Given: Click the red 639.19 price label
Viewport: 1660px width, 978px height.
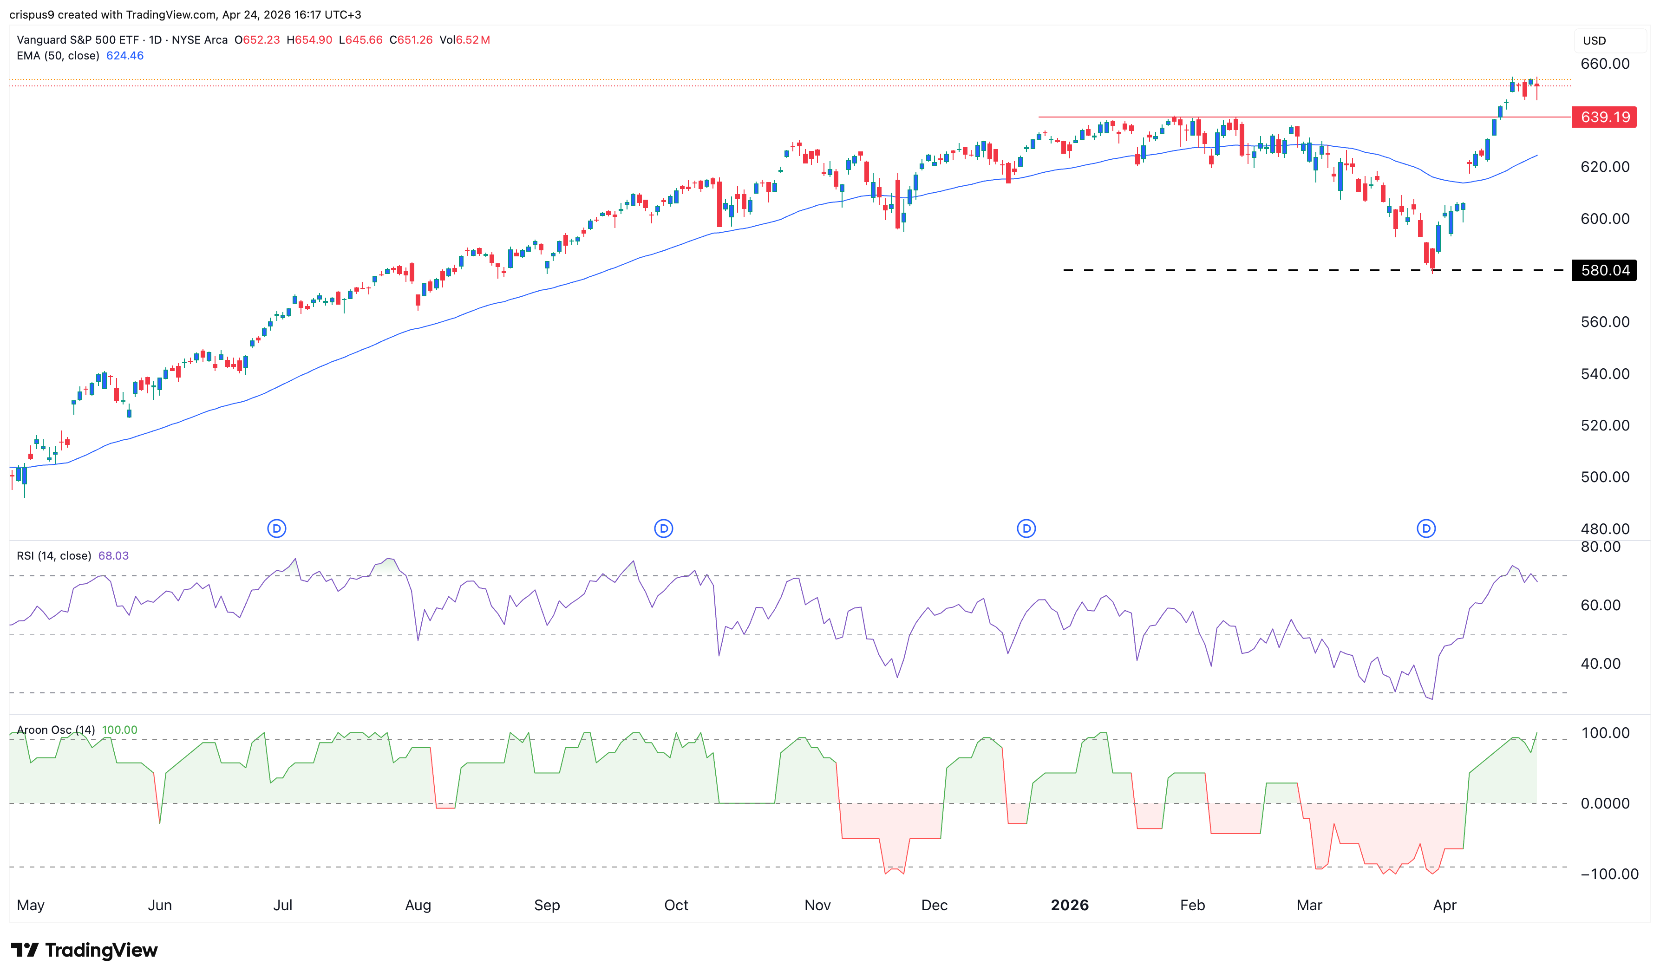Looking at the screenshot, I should (1603, 117).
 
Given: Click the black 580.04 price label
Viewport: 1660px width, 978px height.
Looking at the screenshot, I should (1603, 270).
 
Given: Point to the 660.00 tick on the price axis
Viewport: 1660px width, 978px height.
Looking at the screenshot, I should (1605, 64).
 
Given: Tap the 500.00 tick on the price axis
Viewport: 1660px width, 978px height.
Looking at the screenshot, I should (1605, 477).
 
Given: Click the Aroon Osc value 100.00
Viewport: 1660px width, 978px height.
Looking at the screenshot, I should (119, 730).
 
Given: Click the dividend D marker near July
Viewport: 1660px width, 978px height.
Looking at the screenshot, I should (277, 528).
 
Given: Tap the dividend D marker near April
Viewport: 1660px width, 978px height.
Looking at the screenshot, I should (1426, 528).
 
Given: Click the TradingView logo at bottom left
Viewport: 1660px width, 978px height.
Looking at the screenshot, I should (85, 950).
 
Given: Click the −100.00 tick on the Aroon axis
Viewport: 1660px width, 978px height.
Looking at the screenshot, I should (1608, 874).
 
